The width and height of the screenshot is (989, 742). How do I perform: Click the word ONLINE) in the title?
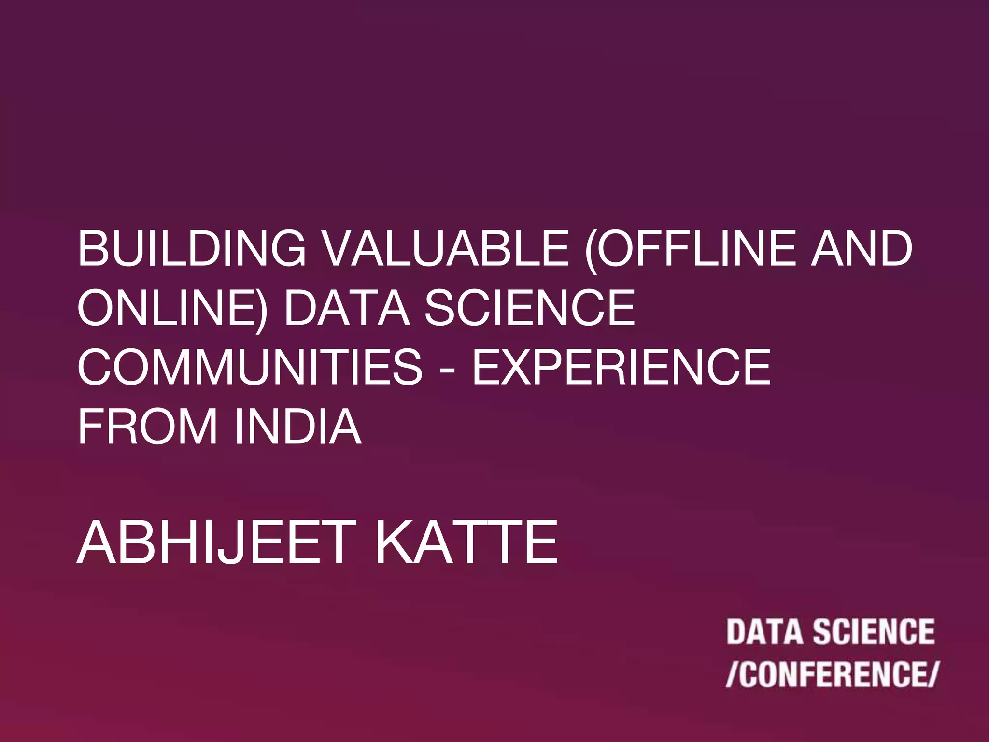click(x=171, y=308)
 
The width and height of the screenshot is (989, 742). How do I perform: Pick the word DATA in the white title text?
click(x=347, y=308)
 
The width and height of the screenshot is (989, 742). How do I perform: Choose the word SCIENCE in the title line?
click(x=529, y=308)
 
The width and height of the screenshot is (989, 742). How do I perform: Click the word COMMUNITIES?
click(x=250, y=367)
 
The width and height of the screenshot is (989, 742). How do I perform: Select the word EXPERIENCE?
click(x=621, y=367)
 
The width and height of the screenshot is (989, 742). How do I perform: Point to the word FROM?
click(x=147, y=427)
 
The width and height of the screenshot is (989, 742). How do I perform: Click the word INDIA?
click(x=297, y=427)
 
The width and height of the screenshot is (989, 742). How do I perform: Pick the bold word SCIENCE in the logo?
click(x=874, y=632)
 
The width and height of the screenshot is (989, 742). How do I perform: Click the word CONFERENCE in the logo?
click(x=831, y=674)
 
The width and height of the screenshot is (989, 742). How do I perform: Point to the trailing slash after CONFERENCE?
click(x=931, y=674)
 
